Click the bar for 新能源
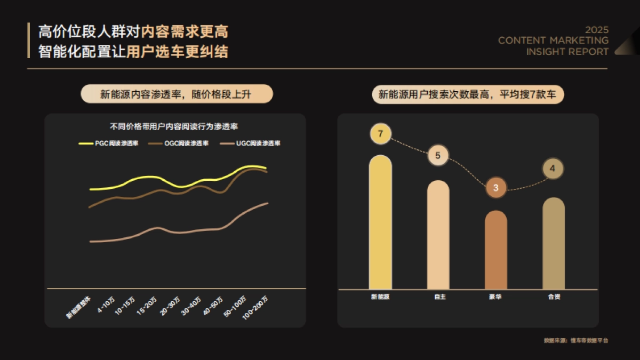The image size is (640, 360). coord(380,224)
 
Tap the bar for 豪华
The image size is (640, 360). coord(496,251)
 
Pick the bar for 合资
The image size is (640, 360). coord(554,244)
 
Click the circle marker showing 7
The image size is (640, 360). coord(380,133)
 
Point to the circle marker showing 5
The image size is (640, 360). coord(438,156)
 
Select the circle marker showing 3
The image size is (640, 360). coord(496,188)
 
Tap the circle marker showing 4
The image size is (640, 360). coord(553,169)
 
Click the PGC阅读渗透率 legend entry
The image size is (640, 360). coord(109,143)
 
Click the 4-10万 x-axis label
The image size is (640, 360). coord(106,305)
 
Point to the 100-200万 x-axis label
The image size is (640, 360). coord(255,308)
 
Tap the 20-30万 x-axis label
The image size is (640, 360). coord(170,306)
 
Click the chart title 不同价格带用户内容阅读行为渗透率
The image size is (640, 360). coord(174,127)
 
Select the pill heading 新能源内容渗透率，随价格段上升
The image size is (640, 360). coord(177,94)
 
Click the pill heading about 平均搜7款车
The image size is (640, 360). coord(468,95)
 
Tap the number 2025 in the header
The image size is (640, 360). coord(596,30)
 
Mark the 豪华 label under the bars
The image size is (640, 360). coord(495,297)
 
